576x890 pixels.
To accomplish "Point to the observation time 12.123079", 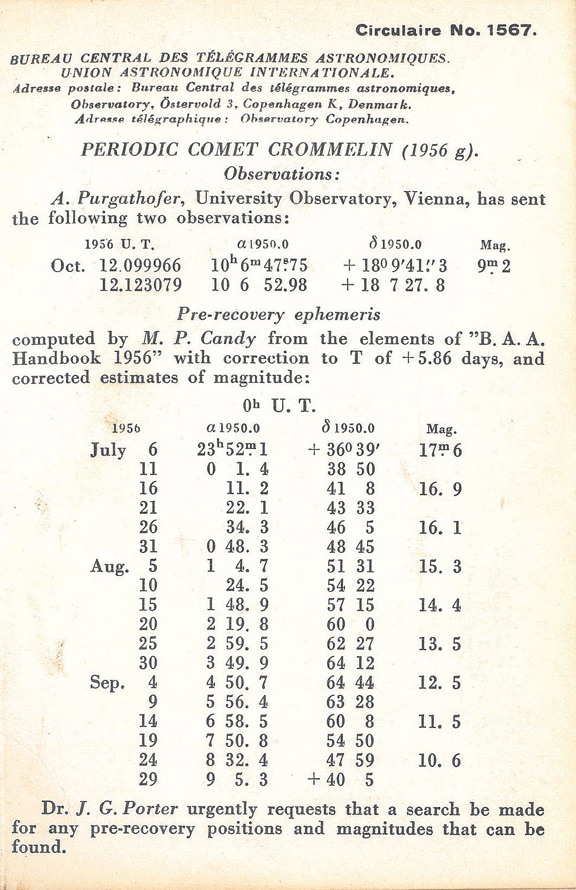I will [x=140, y=285].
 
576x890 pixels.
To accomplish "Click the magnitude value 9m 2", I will [x=494, y=266].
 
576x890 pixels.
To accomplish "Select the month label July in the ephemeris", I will [x=108, y=450].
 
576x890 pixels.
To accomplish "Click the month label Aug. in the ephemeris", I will [x=110, y=566].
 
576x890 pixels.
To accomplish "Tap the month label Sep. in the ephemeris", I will [x=107, y=683].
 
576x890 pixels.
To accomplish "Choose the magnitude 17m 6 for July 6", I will [x=440, y=450].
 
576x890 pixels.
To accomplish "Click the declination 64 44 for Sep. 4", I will [x=350, y=683].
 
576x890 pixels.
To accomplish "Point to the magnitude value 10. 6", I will [x=439, y=760].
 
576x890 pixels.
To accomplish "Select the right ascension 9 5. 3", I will [x=237, y=780].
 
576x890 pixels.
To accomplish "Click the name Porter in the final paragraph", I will [x=150, y=809].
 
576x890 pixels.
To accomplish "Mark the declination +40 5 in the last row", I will [x=341, y=780].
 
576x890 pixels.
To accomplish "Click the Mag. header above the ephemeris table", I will [x=441, y=429].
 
